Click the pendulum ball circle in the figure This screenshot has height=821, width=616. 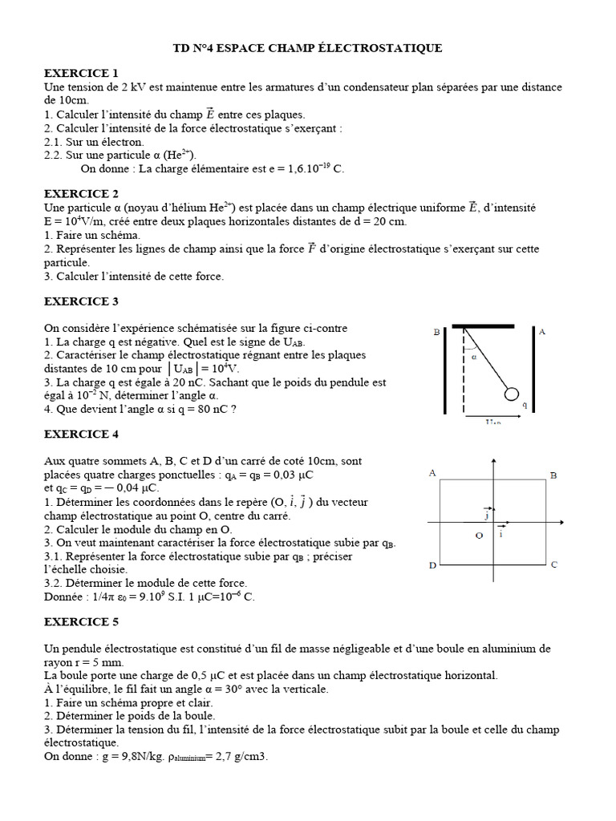(x=510, y=394)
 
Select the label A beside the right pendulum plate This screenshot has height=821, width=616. (x=542, y=331)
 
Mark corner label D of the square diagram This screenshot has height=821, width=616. (x=432, y=566)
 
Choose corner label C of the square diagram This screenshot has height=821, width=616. (x=553, y=565)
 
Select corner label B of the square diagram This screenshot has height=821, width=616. (x=553, y=475)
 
